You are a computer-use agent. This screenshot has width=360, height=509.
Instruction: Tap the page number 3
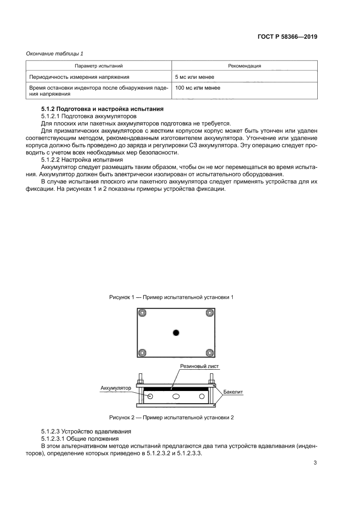pos(315,463)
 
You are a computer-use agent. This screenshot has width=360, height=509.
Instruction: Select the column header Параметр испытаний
pos(98,66)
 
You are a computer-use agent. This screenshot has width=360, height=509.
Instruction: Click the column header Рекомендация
pos(245,66)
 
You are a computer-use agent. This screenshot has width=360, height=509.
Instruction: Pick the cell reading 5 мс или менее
pos(194,77)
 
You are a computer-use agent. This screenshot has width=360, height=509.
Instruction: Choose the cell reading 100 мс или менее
pos(197,88)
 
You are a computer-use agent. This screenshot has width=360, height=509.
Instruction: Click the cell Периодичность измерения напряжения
pos(79,77)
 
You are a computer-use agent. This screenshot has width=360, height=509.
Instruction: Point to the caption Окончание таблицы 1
pos(54,54)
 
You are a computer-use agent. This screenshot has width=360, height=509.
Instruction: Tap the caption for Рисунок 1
pos(171,297)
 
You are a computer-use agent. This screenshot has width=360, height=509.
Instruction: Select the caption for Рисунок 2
pos(171,417)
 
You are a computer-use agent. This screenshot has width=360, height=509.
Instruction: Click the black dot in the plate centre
pos(176,333)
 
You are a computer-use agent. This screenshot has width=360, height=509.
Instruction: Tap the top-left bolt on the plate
pos(142,313)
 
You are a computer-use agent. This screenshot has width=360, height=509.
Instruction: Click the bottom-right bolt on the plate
pos(210,353)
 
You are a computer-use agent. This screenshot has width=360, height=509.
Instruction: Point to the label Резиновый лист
pos(200,367)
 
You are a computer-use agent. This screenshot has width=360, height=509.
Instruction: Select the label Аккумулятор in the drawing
pos(115,387)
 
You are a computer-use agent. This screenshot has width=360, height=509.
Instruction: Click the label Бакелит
pos(233,392)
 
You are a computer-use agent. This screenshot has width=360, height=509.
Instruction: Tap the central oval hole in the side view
pos(176,396)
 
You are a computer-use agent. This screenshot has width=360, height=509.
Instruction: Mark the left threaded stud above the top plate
pos(140,378)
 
